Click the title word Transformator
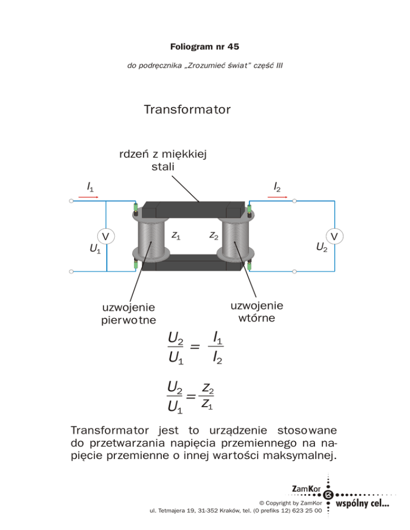click(x=187, y=110)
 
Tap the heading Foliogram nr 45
click(x=204, y=47)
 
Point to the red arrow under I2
click(x=277, y=197)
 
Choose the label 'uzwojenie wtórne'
click(x=257, y=312)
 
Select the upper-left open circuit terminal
click(x=72, y=201)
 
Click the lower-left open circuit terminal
click(x=72, y=271)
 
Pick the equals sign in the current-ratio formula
click(x=195, y=348)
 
